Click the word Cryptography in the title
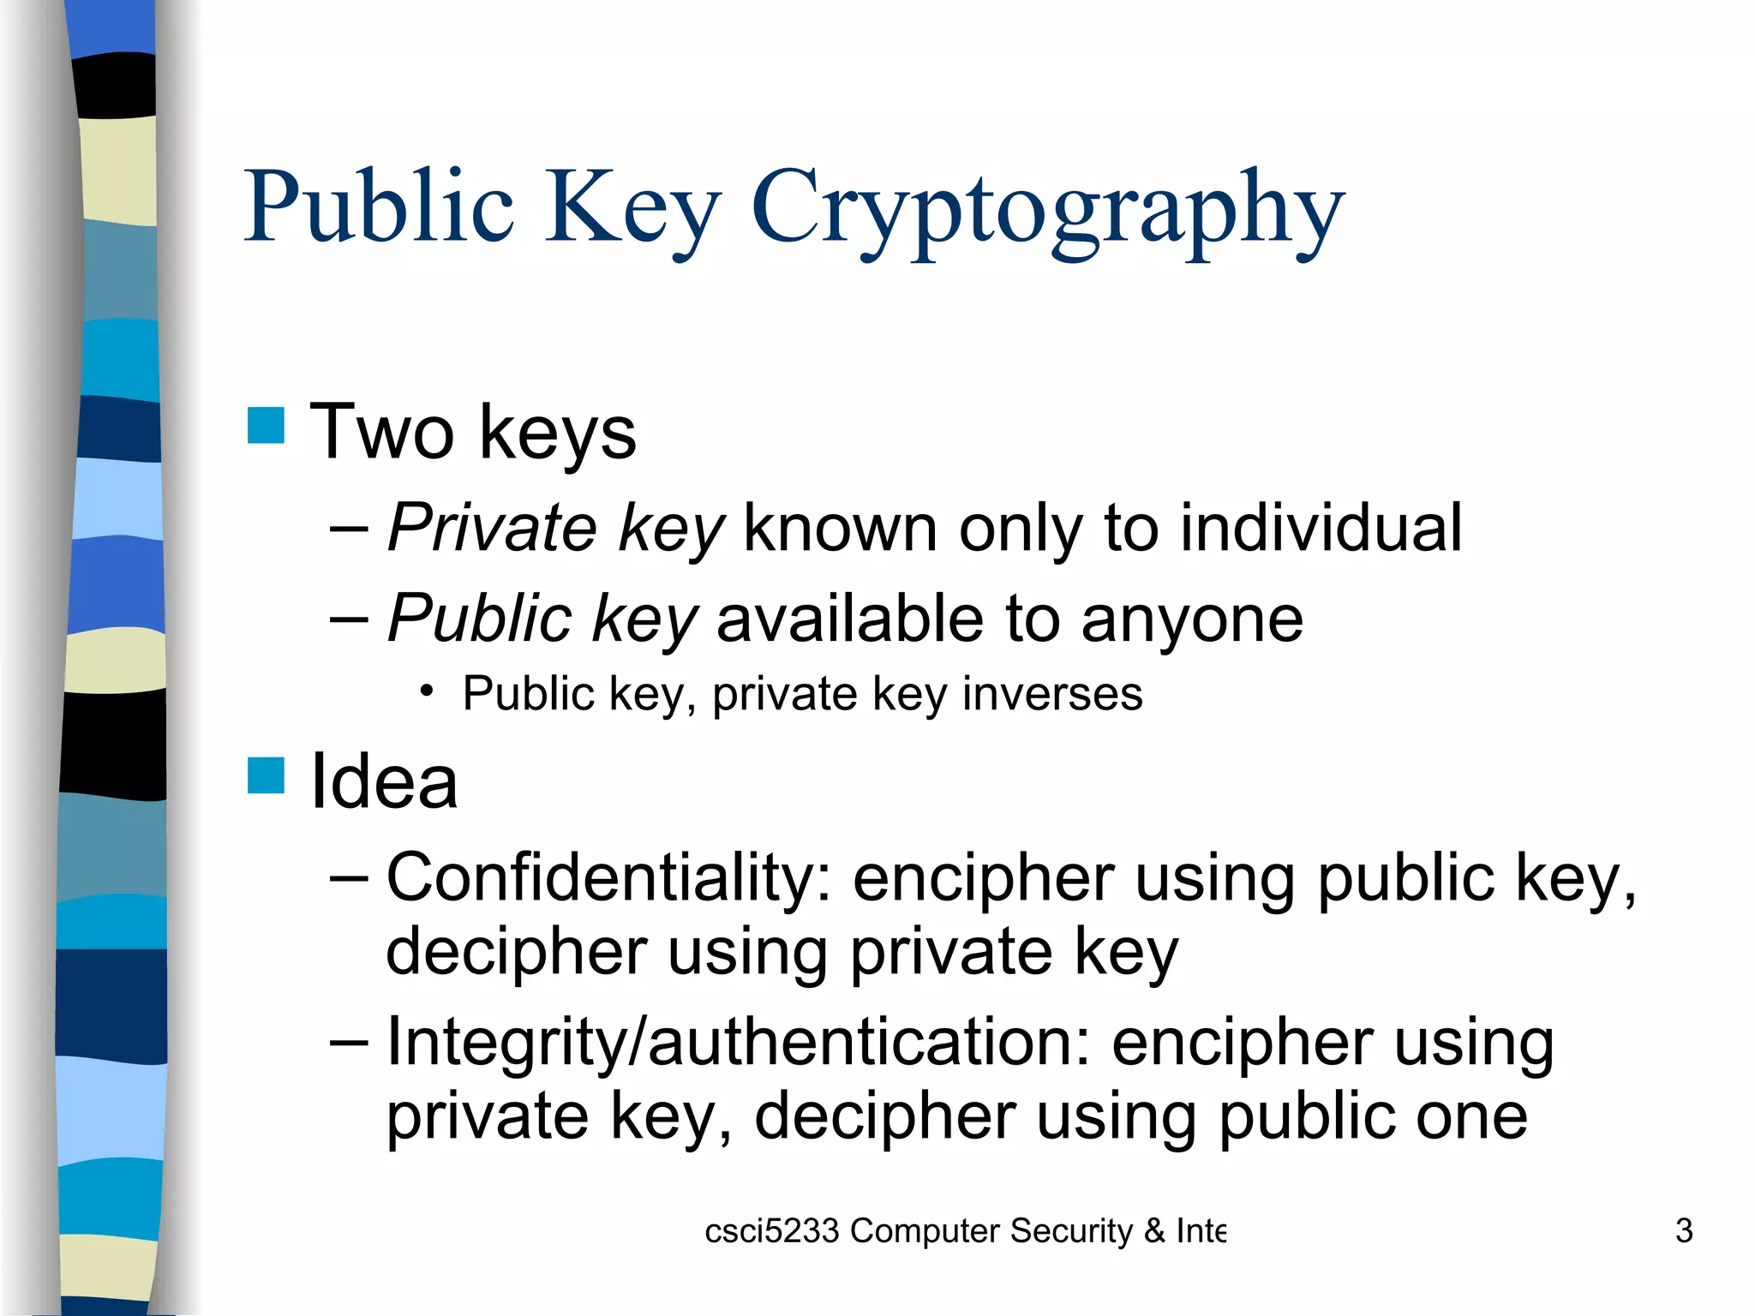[1047, 210]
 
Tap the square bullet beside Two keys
[266, 426]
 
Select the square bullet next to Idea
[266, 775]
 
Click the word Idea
[383, 781]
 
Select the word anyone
[1192, 619]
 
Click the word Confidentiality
[609, 878]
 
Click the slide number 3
[1684, 1231]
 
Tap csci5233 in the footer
[771, 1231]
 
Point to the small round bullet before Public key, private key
[427, 691]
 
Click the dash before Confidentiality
[349, 877]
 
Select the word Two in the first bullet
[381, 433]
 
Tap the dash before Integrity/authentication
[349, 1042]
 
